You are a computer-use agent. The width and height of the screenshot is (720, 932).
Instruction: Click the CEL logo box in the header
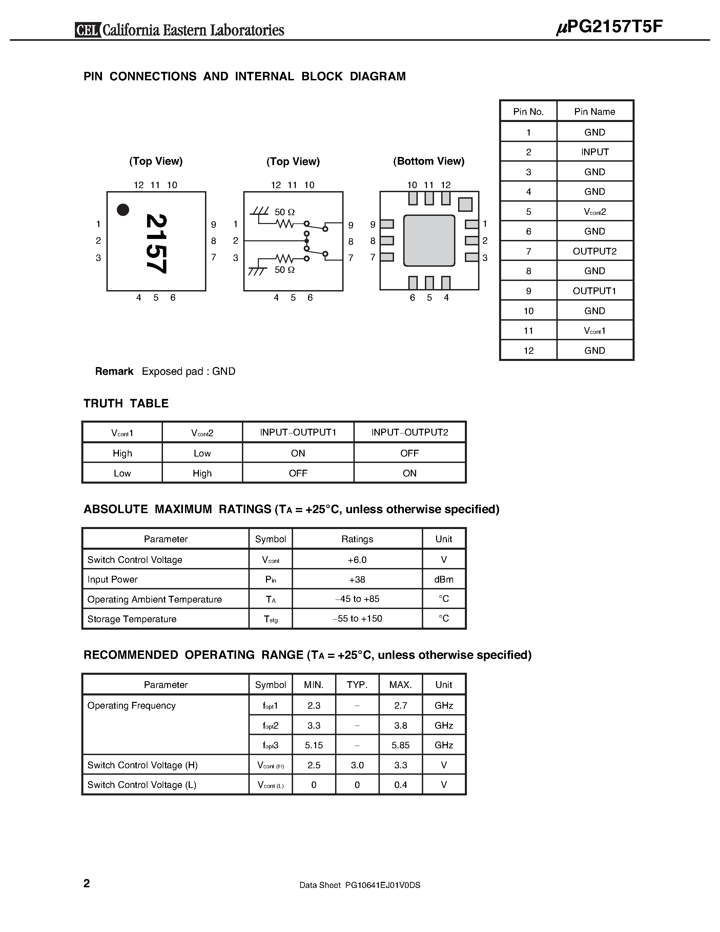coord(88,30)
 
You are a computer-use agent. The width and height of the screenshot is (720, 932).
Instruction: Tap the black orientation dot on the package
coord(123,209)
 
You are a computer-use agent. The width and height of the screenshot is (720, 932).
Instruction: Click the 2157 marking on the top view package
coord(156,243)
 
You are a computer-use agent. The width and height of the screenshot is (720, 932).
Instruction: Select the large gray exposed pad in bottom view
coord(429,240)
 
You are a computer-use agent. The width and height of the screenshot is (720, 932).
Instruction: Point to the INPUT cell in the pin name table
coord(595,152)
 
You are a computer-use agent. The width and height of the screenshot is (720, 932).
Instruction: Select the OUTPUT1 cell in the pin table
coord(595,291)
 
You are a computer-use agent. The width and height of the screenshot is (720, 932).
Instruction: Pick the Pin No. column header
coord(528,112)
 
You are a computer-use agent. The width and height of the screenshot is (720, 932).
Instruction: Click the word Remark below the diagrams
coord(114,371)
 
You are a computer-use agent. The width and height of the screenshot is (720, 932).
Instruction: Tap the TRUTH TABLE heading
coord(126,403)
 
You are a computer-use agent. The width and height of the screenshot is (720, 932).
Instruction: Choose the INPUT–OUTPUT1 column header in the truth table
coord(298,432)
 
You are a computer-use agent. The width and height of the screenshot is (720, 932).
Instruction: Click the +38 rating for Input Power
coord(357,580)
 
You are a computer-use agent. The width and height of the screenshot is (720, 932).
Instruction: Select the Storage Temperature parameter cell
coord(132,619)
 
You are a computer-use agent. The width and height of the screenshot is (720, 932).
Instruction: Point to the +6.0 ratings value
coord(357,560)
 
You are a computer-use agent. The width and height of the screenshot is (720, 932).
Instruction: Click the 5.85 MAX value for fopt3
coord(400,745)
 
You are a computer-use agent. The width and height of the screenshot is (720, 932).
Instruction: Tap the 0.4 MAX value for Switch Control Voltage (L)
coord(400,785)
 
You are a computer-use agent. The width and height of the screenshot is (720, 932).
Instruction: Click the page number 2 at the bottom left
coord(87,883)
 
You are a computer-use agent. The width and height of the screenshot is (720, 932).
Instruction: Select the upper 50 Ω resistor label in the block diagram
coord(285,212)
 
